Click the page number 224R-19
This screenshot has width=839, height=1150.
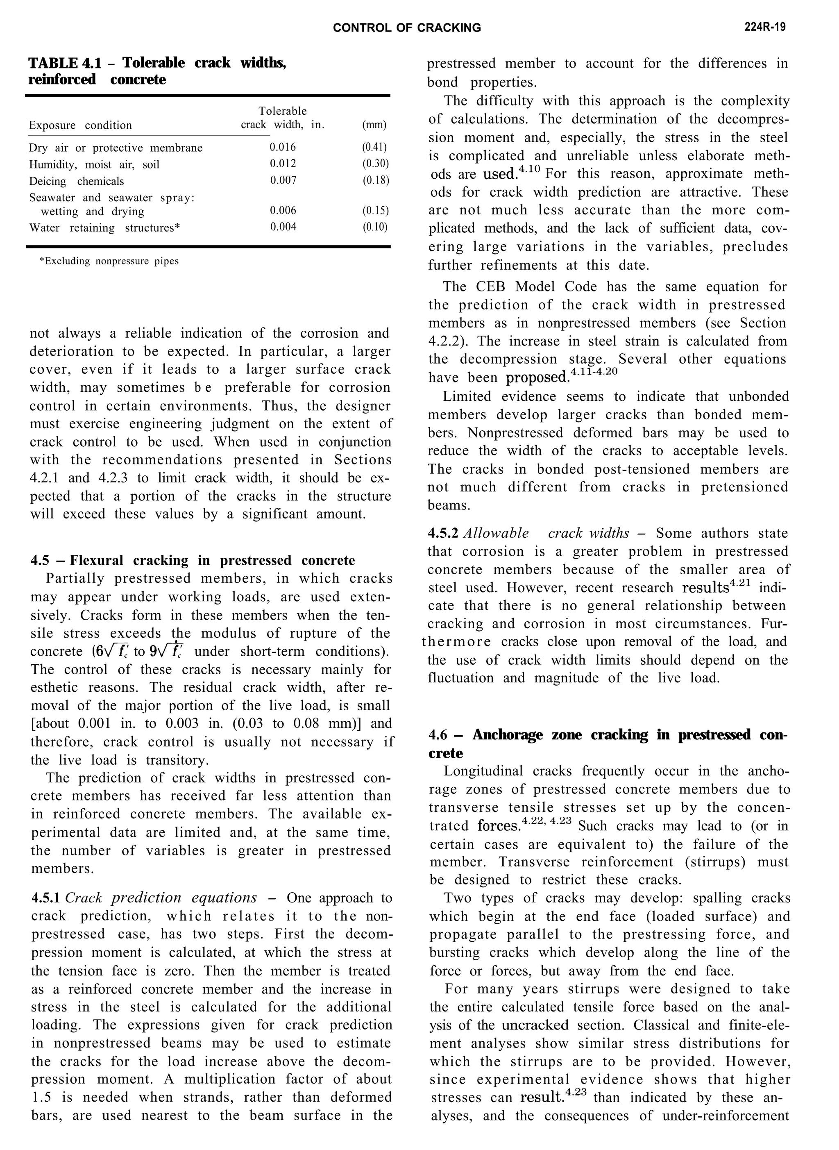pyautogui.click(x=765, y=27)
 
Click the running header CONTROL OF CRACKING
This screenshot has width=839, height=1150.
pyautogui.click(x=407, y=28)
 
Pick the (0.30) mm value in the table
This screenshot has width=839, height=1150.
pyautogui.click(x=375, y=164)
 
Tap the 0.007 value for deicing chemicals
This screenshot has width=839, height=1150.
pyautogui.click(x=283, y=180)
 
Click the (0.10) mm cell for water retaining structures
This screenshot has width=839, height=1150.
pyautogui.click(x=375, y=227)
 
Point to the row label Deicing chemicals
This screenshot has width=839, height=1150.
pyautogui.click(x=76, y=181)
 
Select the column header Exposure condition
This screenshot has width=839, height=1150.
pyautogui.click(x=80, y=125)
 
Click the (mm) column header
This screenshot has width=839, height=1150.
pyautogui.click(x=374, y=125)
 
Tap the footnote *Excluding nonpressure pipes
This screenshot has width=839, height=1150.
pyautogui.click(x=109, y=261)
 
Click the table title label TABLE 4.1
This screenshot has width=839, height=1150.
pyautogui.click(x=64, y=63)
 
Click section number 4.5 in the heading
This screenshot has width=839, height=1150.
pyautogui.click(x=40, y=560)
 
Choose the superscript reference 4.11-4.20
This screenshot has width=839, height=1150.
pyautogui.click(x=594, y=371)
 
